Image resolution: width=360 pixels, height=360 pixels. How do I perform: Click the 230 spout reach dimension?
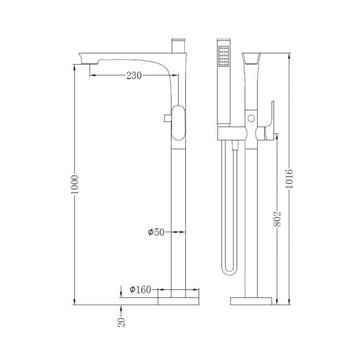(134, 75)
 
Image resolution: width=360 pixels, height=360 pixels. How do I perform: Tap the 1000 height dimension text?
(75, 184)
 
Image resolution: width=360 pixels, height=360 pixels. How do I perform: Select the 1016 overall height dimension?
(289, 179)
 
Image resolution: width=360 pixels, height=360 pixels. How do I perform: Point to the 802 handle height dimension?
(278, 219)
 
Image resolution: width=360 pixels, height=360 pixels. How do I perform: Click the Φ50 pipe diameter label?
(156, 232)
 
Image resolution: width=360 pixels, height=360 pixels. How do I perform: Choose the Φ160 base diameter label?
(140, 290)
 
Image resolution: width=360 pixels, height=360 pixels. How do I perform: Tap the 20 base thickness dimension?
(121, 322)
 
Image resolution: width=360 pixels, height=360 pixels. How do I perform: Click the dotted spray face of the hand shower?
(224, 57)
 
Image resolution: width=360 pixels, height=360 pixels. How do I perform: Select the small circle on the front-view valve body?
(251, 118)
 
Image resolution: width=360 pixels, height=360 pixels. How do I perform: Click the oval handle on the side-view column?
(178, 123)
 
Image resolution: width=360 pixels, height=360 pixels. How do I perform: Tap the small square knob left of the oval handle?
(167, 118)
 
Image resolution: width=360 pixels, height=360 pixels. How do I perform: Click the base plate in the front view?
(251, 301)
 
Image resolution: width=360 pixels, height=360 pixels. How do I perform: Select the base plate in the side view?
(178, 301)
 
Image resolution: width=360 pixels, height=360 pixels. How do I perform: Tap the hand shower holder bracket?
(232, 134)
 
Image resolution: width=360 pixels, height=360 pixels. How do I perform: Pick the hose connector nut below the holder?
(235, 146)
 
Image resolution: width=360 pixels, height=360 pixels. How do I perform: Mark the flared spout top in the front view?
(251, 59)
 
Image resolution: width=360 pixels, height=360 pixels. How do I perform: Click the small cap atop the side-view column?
(179, 46)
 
